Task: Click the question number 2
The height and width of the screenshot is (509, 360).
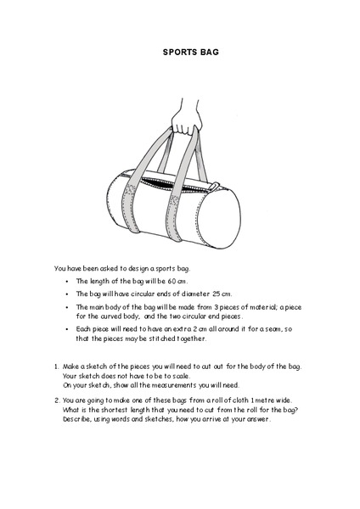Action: click(56, 402)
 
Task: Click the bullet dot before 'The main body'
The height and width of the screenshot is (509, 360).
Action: click(65, 306)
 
